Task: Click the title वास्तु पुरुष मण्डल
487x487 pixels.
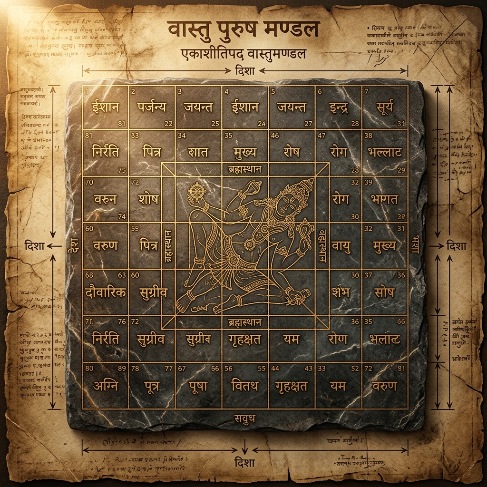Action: click(x=243, y=29)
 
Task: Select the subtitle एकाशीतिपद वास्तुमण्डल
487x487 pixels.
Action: click(x=243, y=54)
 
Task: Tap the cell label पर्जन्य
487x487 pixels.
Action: click(x=151, y=107)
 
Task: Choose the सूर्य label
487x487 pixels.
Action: click(x=385, y=107)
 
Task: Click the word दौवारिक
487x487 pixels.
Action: click(x=105, y=292)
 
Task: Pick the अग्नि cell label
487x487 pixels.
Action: click(x=105, y=385)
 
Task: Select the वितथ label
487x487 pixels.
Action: click(x=244, y=386)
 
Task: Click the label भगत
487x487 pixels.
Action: click(x=385, y=199)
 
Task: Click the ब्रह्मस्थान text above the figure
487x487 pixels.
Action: click(x=244, y=169)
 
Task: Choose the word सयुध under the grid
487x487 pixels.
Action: click(x=245, y=418)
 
